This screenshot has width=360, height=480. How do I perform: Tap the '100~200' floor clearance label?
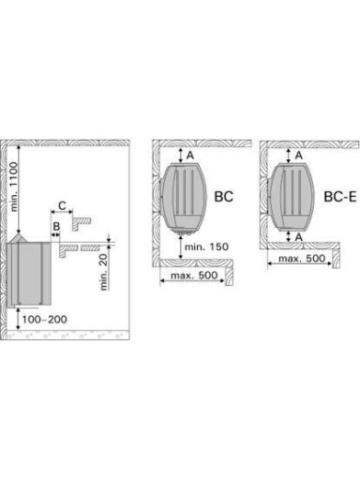click(x=45, y=319)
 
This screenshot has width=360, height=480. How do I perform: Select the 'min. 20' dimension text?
click(x=104, y=272)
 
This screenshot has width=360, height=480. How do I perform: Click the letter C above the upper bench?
click(x=63, y=205)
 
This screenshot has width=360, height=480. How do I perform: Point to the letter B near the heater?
click(x=56, y=226)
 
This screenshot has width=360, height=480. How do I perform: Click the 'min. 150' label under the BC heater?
click(x=206, y=247)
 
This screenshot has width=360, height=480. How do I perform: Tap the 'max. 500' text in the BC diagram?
click(x=194, y=276)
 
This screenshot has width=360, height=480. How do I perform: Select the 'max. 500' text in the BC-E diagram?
click(x=302, y=259)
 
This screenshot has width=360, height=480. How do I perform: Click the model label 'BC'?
click(x=224, y=197)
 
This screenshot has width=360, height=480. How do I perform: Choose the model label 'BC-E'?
click(x=340, y=197)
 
